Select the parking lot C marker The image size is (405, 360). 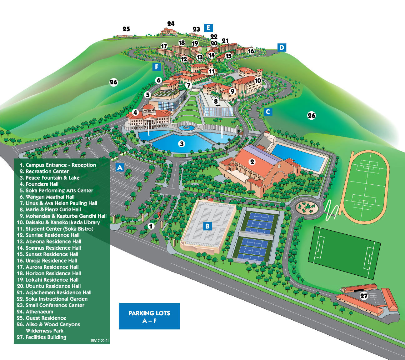click(268, 112)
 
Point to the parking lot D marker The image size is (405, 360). click(282, 47)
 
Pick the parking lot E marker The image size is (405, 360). click(208, 27)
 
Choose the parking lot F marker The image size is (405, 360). click(157, 67)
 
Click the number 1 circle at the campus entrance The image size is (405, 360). click(151, 226)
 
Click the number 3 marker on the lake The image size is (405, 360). click(182, 144)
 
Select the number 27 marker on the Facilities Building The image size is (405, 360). click(364, 296)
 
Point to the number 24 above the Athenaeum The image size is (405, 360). click(171, 24)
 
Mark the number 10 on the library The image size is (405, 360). click(258, 80)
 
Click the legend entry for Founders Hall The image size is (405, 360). click(42, 184)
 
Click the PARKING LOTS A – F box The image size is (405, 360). click(149, 316)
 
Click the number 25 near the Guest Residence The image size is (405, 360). click(126, 29)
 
